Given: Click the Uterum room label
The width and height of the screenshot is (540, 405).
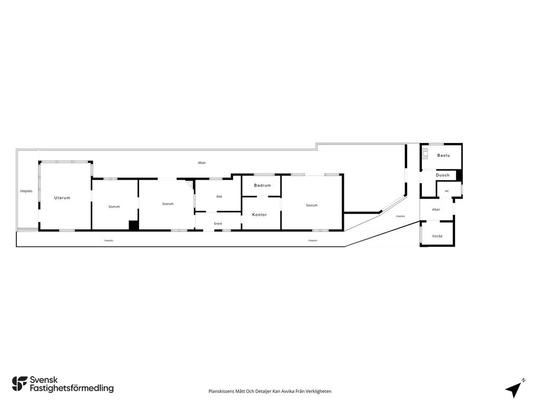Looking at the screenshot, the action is pyautogui.click(x=62, y=198).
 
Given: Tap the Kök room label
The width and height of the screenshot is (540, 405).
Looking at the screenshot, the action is pyautogui.click(x=219, y=196).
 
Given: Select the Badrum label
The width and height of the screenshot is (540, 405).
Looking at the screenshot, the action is pyautogui.click(x=263, y=185).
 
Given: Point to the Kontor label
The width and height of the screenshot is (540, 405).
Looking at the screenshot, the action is pyautogui.click(x=259, y=215).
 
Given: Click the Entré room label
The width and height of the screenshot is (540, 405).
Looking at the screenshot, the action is pyautogui.click(x=218, y=224).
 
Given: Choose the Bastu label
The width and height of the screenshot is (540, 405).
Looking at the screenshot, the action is pyautogui.click(x=443, y=156).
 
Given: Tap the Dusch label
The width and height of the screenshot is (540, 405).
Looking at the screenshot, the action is pyautogui.click(x=442, y=175).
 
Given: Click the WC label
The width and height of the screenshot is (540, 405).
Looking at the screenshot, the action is pyautogui.click(x=447, y=191).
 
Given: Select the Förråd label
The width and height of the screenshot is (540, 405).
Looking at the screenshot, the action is pyautogui.click(x=437, y=236).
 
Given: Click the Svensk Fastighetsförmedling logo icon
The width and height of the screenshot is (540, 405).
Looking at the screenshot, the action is pyautogui.click(x=20, y=384).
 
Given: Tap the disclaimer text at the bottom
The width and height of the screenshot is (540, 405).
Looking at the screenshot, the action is pyautogui.click(x=270, y=391).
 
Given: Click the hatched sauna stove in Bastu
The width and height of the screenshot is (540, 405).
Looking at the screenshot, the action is pyautogui.click(x=426, y=153).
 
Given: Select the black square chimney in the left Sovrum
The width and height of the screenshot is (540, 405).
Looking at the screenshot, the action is pyautogui.click(x=133, y=225).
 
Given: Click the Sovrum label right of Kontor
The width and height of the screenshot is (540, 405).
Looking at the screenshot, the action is pyautogui.click(x=312, y=205).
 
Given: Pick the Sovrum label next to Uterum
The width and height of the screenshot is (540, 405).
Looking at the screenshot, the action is pyautogui.click(x=114, y=207).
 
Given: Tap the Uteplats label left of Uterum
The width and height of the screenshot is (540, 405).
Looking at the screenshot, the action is pyautogui.click(x=26, y=191).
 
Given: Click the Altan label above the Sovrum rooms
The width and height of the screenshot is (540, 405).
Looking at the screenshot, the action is pyautogui.click(x=202, y=162).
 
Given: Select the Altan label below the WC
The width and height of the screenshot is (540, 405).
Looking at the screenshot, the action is pyautogui.click(x=436, y=209).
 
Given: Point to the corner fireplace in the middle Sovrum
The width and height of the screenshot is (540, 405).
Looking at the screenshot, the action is pyautogui.click(x=190, y=183).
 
